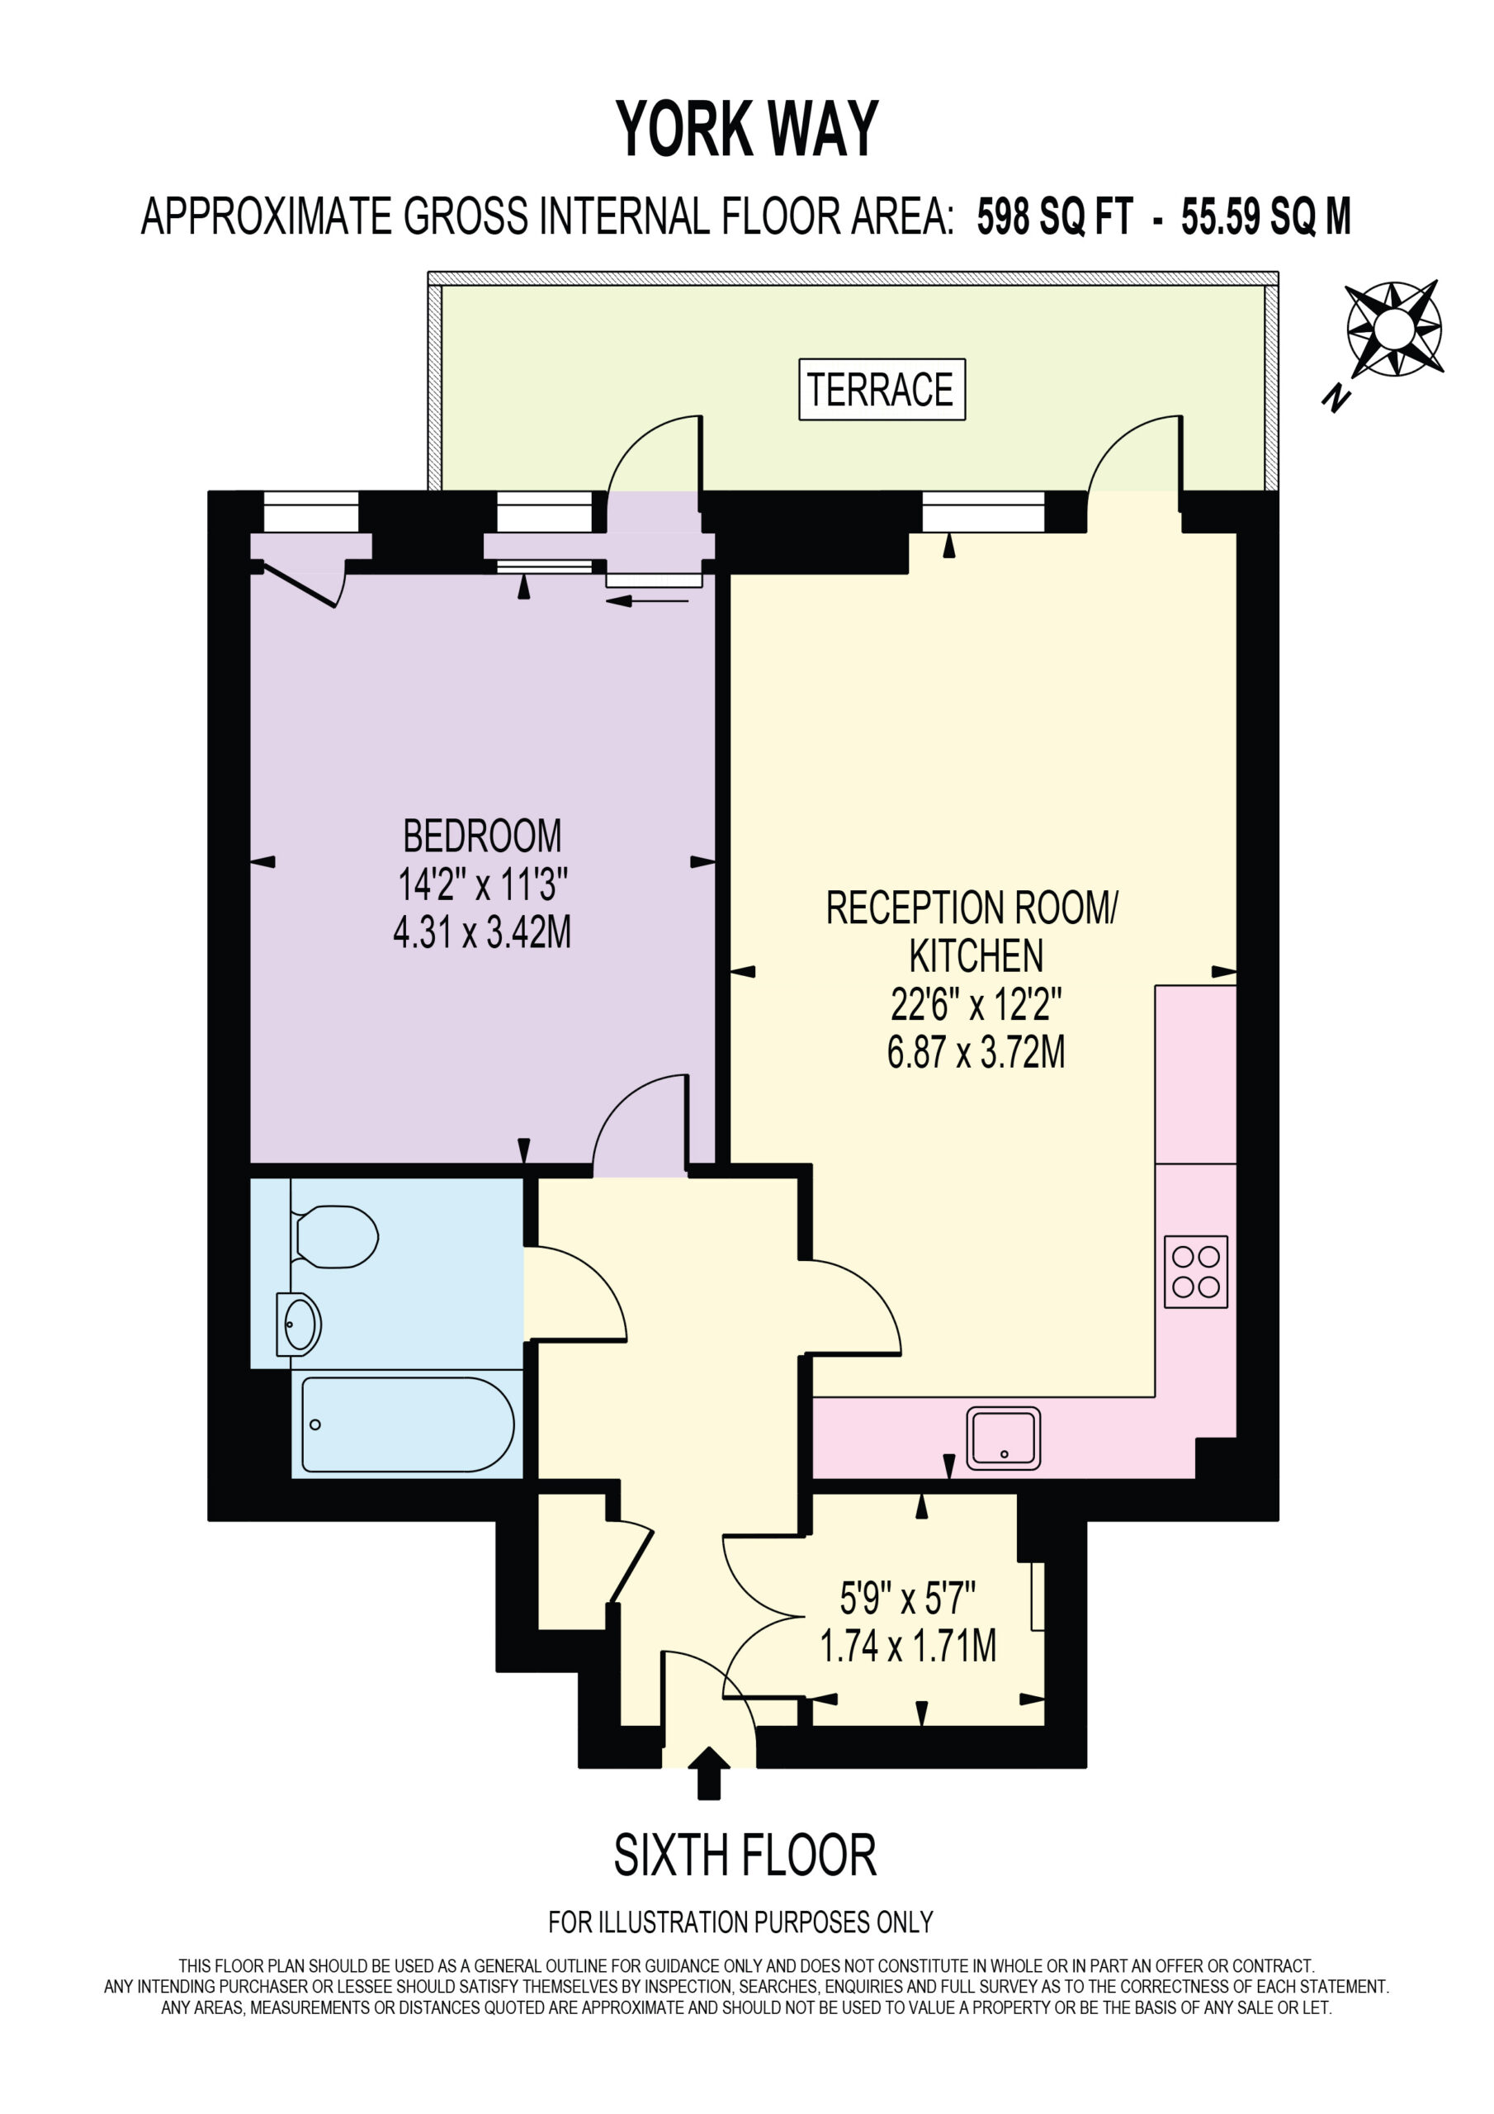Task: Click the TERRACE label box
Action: (x=881, y=390)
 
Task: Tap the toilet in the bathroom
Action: (x=334, y=1235)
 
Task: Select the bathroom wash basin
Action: (x=298, y=1325)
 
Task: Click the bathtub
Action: (x=408, y=1424)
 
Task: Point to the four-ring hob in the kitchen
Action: (x=1196, y=1272)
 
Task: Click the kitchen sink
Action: (x=1004, y=1437)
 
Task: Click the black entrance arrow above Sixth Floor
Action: (x=708, y=1772)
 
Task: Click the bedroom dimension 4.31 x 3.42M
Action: (x=481, y=931)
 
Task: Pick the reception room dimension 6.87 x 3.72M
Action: (x=976, y=1051)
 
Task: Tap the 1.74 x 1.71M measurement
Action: (x=908, y=1645)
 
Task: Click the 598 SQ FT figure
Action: (x=1054, y=217)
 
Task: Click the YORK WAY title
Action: (x=746, y=129)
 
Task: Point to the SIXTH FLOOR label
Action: (x=745, y=1856)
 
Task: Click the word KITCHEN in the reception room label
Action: (x=976, y=955)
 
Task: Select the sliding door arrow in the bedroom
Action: (x=647, y=601)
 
